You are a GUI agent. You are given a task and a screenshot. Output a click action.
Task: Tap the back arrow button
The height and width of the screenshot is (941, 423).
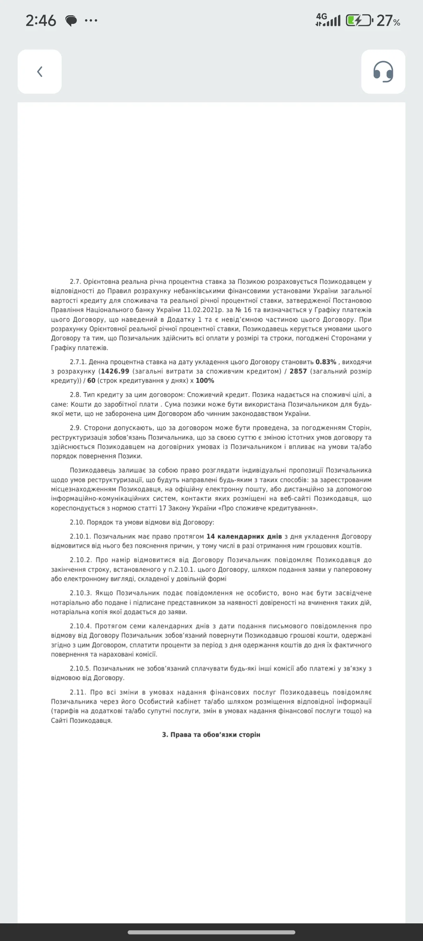[40, 72]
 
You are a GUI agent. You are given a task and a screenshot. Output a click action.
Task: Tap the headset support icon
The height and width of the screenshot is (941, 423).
[383, 72]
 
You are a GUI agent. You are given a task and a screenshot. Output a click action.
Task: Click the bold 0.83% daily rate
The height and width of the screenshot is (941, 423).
[326, 362]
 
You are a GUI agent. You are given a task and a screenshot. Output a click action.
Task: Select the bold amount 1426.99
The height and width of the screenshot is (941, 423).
[115, 371]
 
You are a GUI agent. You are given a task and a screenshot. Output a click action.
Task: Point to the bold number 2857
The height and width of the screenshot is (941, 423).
[298, 371]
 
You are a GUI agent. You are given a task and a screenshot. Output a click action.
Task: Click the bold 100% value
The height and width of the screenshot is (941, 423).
[205, 381]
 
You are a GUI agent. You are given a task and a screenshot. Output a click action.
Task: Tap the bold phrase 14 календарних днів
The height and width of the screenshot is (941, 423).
[244, 536]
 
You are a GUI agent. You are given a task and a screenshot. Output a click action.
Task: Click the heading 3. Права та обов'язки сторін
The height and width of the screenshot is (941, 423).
[211, 735]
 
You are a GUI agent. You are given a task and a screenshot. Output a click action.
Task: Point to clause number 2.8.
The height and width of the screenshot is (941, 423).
[76, 395]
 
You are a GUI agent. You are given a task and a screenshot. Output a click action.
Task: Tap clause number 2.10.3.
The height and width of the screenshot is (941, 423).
[81, 593]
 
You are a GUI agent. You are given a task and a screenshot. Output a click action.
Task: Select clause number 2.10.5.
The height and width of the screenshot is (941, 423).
[81, 669]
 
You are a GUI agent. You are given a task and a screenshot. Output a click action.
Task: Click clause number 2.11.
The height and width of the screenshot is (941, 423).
[78, 692]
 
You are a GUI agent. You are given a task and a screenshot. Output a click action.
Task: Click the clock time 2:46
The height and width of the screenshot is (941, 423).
[41, 20]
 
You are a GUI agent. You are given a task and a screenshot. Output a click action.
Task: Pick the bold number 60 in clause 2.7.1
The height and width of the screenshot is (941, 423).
[91, 381]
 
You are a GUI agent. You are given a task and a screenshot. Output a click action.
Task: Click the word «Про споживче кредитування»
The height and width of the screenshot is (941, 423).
[267, 508]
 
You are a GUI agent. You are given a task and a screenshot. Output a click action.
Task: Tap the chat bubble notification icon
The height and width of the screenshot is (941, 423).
[71, 21]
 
